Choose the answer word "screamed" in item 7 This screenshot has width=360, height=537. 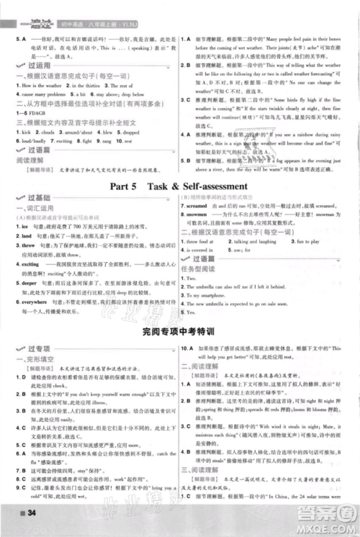tap(204, 204)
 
